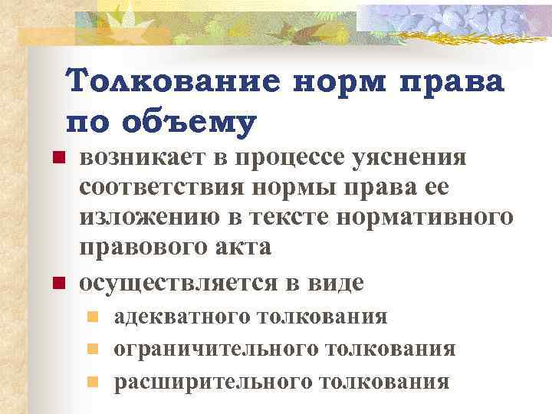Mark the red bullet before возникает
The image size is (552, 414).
[x=55, y=159]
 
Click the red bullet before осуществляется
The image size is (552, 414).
[x=55, y=283]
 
